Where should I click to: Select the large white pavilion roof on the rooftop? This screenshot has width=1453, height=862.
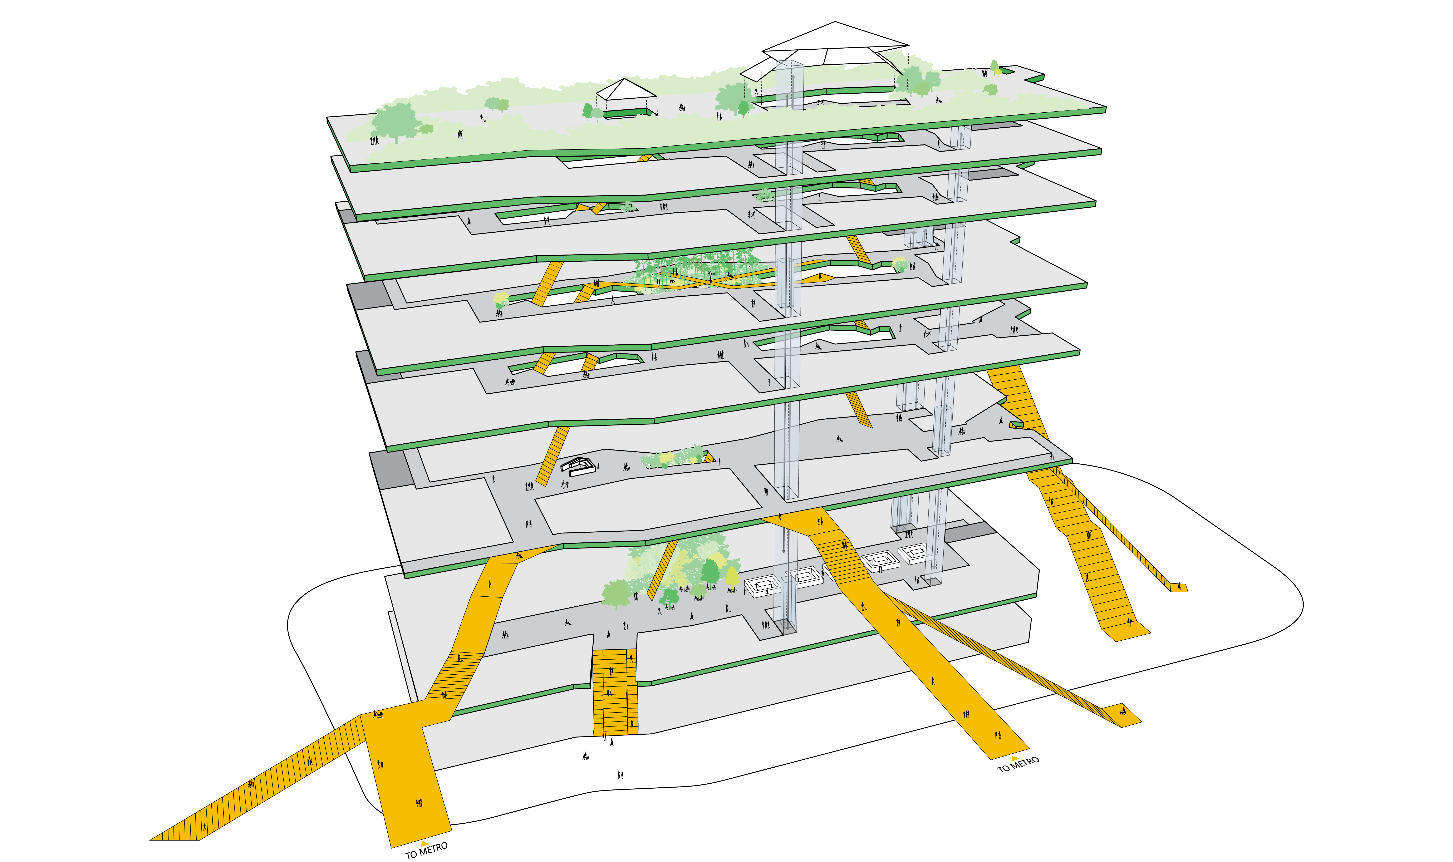pyautogui.click(x=825, y=51)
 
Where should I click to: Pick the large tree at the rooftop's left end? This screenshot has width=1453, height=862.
pyautogui.click(x=395, y=122)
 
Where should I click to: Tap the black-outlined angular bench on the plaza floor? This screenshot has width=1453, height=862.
pyautogui.click(x=578, y=466)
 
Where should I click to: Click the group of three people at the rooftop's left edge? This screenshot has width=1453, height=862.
pyautogui.click(x=375, y=140)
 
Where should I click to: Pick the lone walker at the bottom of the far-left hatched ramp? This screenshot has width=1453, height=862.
pyautogui.click(x=205, y=827)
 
